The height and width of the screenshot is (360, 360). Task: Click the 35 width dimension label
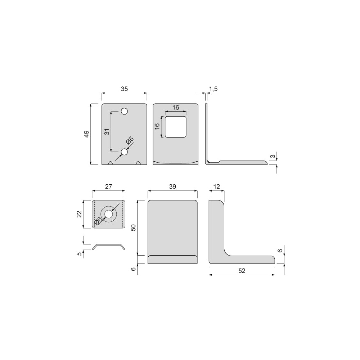coord(124,89)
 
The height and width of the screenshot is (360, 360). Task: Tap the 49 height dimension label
coord(86,134)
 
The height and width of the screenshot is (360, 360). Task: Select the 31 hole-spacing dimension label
coord(107,131)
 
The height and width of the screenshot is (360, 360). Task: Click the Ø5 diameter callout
coord(130,140)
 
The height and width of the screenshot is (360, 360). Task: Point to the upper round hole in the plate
coord(124,111)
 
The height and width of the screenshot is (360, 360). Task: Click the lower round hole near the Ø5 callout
coord(124,152)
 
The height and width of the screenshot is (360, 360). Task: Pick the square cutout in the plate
coord(176,127)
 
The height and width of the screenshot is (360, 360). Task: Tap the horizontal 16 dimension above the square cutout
coord(176,107)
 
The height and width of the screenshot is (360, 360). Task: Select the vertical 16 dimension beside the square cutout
coord(157,126)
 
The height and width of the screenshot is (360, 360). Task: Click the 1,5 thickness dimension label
coord(213,89)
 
